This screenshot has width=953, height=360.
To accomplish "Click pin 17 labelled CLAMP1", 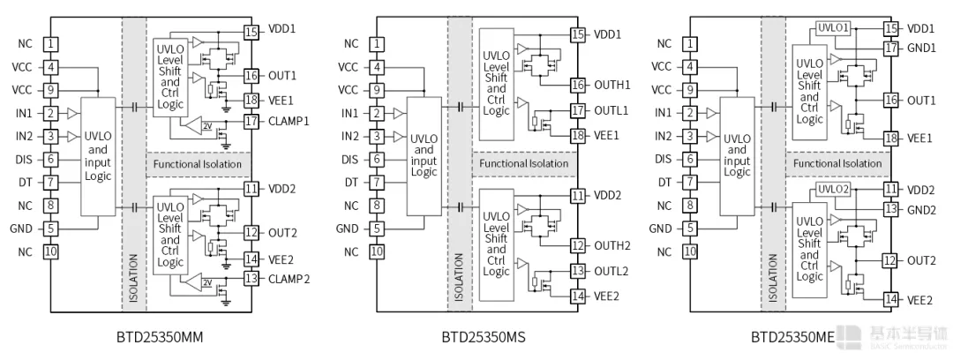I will [x=251, y=121].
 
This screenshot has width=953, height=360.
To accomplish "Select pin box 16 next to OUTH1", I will [x=578, y=85].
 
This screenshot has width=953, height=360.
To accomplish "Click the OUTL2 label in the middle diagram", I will [x=612, y=272].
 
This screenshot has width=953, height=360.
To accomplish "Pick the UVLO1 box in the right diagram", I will [x=833, y=29].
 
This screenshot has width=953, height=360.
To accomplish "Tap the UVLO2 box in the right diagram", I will [x=833, y=189].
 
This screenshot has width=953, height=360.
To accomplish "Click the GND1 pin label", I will [x=921, y=48].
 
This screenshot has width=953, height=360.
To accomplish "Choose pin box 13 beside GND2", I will [x=891, y=209].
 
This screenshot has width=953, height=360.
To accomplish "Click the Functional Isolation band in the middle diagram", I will [x=524, y=163].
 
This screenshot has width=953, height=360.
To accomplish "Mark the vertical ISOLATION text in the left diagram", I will [x=134, y=279].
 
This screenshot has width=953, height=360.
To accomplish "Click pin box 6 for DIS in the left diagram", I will [x=52, y=160].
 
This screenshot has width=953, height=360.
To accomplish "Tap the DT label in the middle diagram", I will [x=352, y=183].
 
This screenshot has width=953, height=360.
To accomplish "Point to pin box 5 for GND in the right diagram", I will [x=691, y=229].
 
